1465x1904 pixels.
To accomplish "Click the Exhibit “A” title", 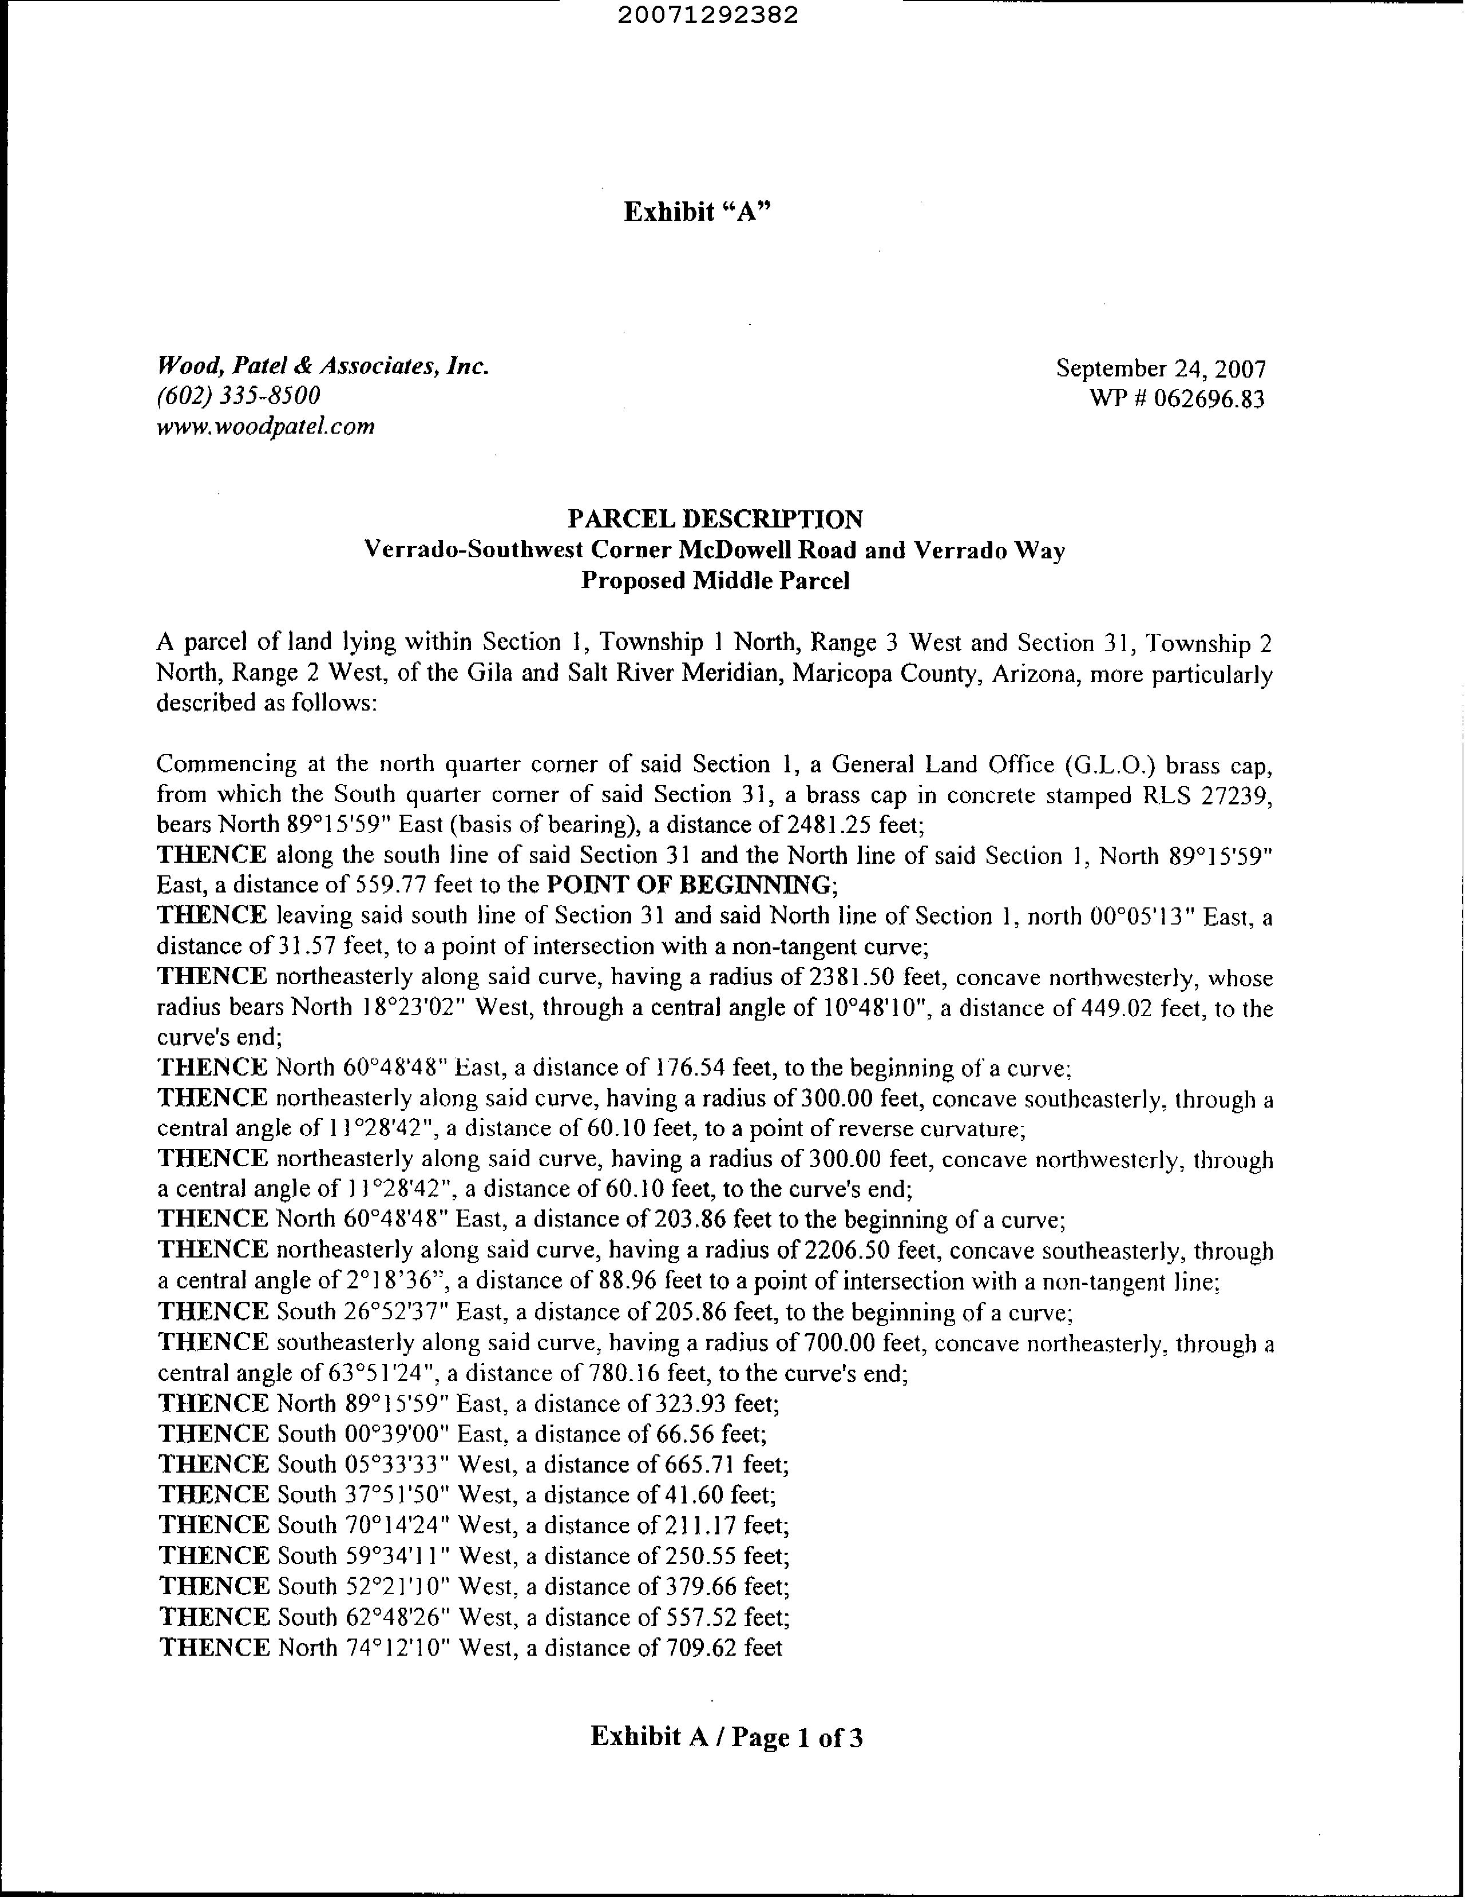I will [x=699, y=212].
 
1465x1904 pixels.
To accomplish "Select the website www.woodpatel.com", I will [x=265, y=426].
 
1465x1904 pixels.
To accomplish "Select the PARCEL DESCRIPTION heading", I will [x=715, y=519].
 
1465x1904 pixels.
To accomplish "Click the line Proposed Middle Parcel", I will [x=715, y=581].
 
